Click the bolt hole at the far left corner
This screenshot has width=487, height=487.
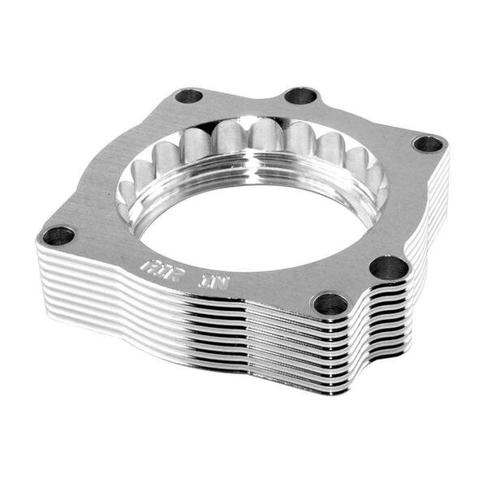point(58,236)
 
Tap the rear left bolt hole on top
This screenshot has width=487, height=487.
point(188,96)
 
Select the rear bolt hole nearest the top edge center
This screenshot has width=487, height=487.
point(300,96)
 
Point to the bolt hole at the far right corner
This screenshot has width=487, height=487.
point(428,144)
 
